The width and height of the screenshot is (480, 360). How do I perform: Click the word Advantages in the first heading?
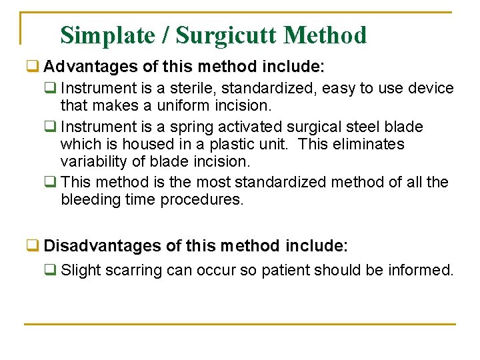click(89, 67)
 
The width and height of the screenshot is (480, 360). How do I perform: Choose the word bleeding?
click(87, 199)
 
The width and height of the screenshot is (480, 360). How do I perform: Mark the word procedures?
click(202, 199)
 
